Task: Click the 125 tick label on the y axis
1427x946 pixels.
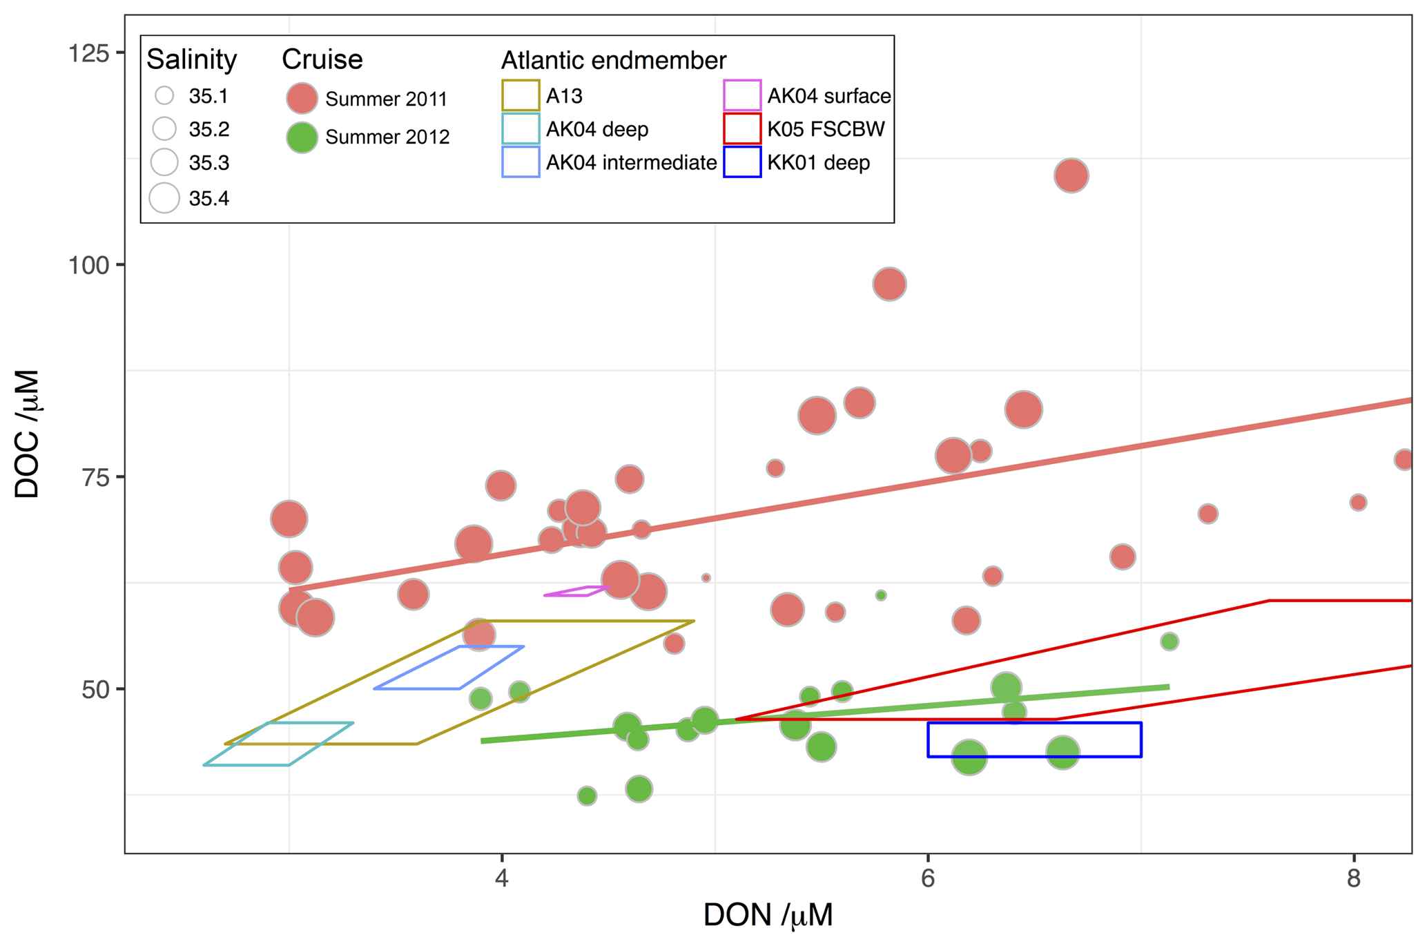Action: click(88, 53)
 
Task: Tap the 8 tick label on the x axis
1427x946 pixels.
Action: click(1353, 879)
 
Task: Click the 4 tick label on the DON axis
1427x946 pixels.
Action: click(501, 879)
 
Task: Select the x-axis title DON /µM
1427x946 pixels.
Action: click(768, 916)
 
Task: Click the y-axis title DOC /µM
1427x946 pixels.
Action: click(28, 434)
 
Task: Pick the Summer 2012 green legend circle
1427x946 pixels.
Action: click(302, 137)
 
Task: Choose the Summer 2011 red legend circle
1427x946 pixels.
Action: click(302, 99)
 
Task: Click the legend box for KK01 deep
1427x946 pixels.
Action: click(742, 163)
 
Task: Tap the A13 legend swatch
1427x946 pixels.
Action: click(521, 96)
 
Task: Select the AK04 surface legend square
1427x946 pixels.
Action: click(742, 96)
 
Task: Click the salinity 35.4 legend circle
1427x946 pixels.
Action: click(164, 198)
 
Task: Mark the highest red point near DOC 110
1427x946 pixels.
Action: click(1071, 175)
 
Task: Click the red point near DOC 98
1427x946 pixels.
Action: click(889, 284)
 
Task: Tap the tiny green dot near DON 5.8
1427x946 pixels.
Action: click(881, 595)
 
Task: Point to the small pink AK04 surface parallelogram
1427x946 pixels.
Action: click(576, 591)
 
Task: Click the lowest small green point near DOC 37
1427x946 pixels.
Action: click(587, 796)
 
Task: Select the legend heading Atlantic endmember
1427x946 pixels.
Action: click(613, 61)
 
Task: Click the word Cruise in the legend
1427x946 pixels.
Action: click(322, 60)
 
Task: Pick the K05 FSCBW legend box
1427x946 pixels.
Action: click(742, 129)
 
